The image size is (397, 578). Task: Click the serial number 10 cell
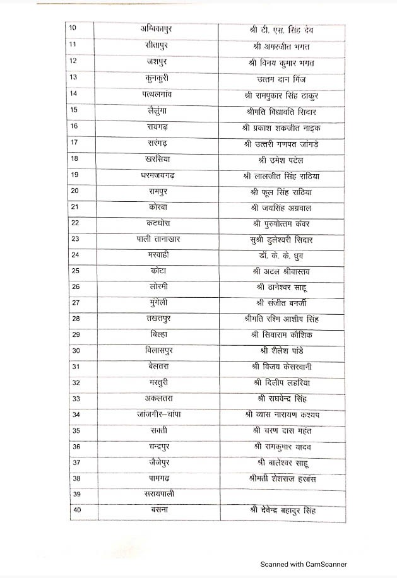73,28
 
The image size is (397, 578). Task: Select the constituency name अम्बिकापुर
157,28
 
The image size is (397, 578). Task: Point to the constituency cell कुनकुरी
156,78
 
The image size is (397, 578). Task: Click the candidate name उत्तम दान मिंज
282,78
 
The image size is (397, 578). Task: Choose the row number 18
74,159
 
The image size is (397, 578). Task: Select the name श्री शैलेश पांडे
282,351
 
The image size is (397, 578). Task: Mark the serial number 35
76,431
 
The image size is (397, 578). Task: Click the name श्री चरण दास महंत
282,431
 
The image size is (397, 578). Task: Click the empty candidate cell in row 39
282,495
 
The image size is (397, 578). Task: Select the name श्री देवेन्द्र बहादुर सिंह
282,510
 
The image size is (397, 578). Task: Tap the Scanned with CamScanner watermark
304,564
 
